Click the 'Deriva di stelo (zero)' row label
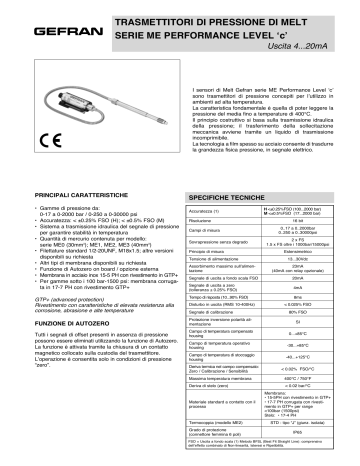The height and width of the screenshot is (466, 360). click(214, 387)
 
